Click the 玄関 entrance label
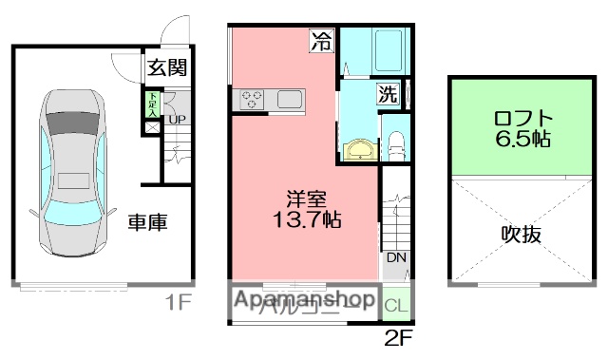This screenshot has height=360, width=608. (166, 68)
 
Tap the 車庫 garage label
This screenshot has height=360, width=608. (148, 223)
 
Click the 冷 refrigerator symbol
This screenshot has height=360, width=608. (323, 42)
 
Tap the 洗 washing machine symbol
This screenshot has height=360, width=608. (388, 93)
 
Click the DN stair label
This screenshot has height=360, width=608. (394, 257)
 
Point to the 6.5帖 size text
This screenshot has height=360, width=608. (522, 140)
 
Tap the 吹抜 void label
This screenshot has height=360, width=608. (522, 234)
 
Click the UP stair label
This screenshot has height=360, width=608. (176, 119)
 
